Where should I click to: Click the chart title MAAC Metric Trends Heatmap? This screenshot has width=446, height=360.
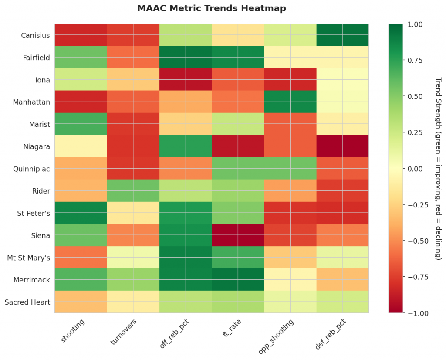(212, 9)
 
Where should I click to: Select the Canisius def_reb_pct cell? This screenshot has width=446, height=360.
(342, 35)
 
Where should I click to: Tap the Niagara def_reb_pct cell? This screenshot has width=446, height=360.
(342, 146)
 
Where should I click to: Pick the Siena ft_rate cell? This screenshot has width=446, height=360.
(238, 235)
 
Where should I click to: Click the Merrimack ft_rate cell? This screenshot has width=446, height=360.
(238, 279)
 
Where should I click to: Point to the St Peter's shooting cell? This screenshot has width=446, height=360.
(81, 213)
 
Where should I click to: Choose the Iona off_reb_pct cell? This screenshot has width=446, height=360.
(186, 79)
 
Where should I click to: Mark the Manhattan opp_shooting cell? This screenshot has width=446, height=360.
(290, 102)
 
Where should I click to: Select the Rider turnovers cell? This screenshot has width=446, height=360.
(133, 190)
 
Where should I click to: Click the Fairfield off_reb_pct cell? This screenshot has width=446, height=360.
(186, 57)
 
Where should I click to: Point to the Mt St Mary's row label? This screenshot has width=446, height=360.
(29, 257)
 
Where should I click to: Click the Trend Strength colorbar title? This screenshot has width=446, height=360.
(438, 169)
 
